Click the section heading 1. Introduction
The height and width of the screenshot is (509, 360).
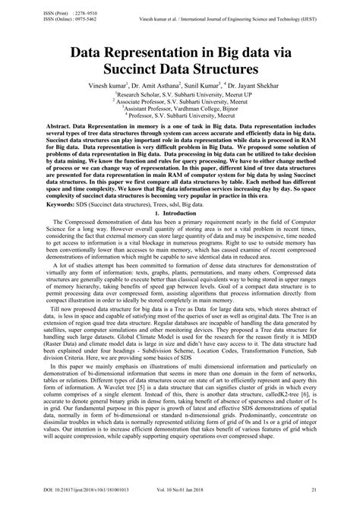[x=179, y=235]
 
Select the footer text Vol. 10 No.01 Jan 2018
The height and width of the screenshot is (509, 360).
[x=206, y=495]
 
